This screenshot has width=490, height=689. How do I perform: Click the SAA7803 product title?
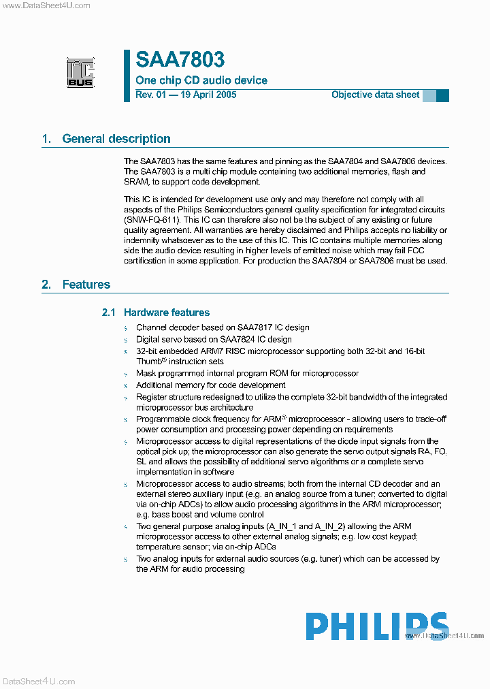tap(180, 60)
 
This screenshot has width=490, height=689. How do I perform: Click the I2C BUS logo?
tap(80, 72)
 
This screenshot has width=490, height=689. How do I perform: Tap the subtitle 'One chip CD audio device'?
tap(201, 80)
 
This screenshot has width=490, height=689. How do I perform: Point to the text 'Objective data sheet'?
tap(375, 95)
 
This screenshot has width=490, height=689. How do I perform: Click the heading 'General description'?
tap(116, 139)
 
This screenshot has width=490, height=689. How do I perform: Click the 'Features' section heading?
tap(86, 285)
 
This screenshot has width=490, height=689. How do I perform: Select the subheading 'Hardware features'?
tap(167, 313)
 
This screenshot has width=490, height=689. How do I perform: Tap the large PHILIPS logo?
tap(376, 626)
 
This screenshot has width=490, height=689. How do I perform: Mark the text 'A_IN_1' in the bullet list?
tap(282, 526)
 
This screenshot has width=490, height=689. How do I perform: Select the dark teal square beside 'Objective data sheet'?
tap(442, 95)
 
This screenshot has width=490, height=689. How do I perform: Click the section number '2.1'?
tap(109, 313)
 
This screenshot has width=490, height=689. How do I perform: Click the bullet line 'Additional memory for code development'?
tap(210, 385)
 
